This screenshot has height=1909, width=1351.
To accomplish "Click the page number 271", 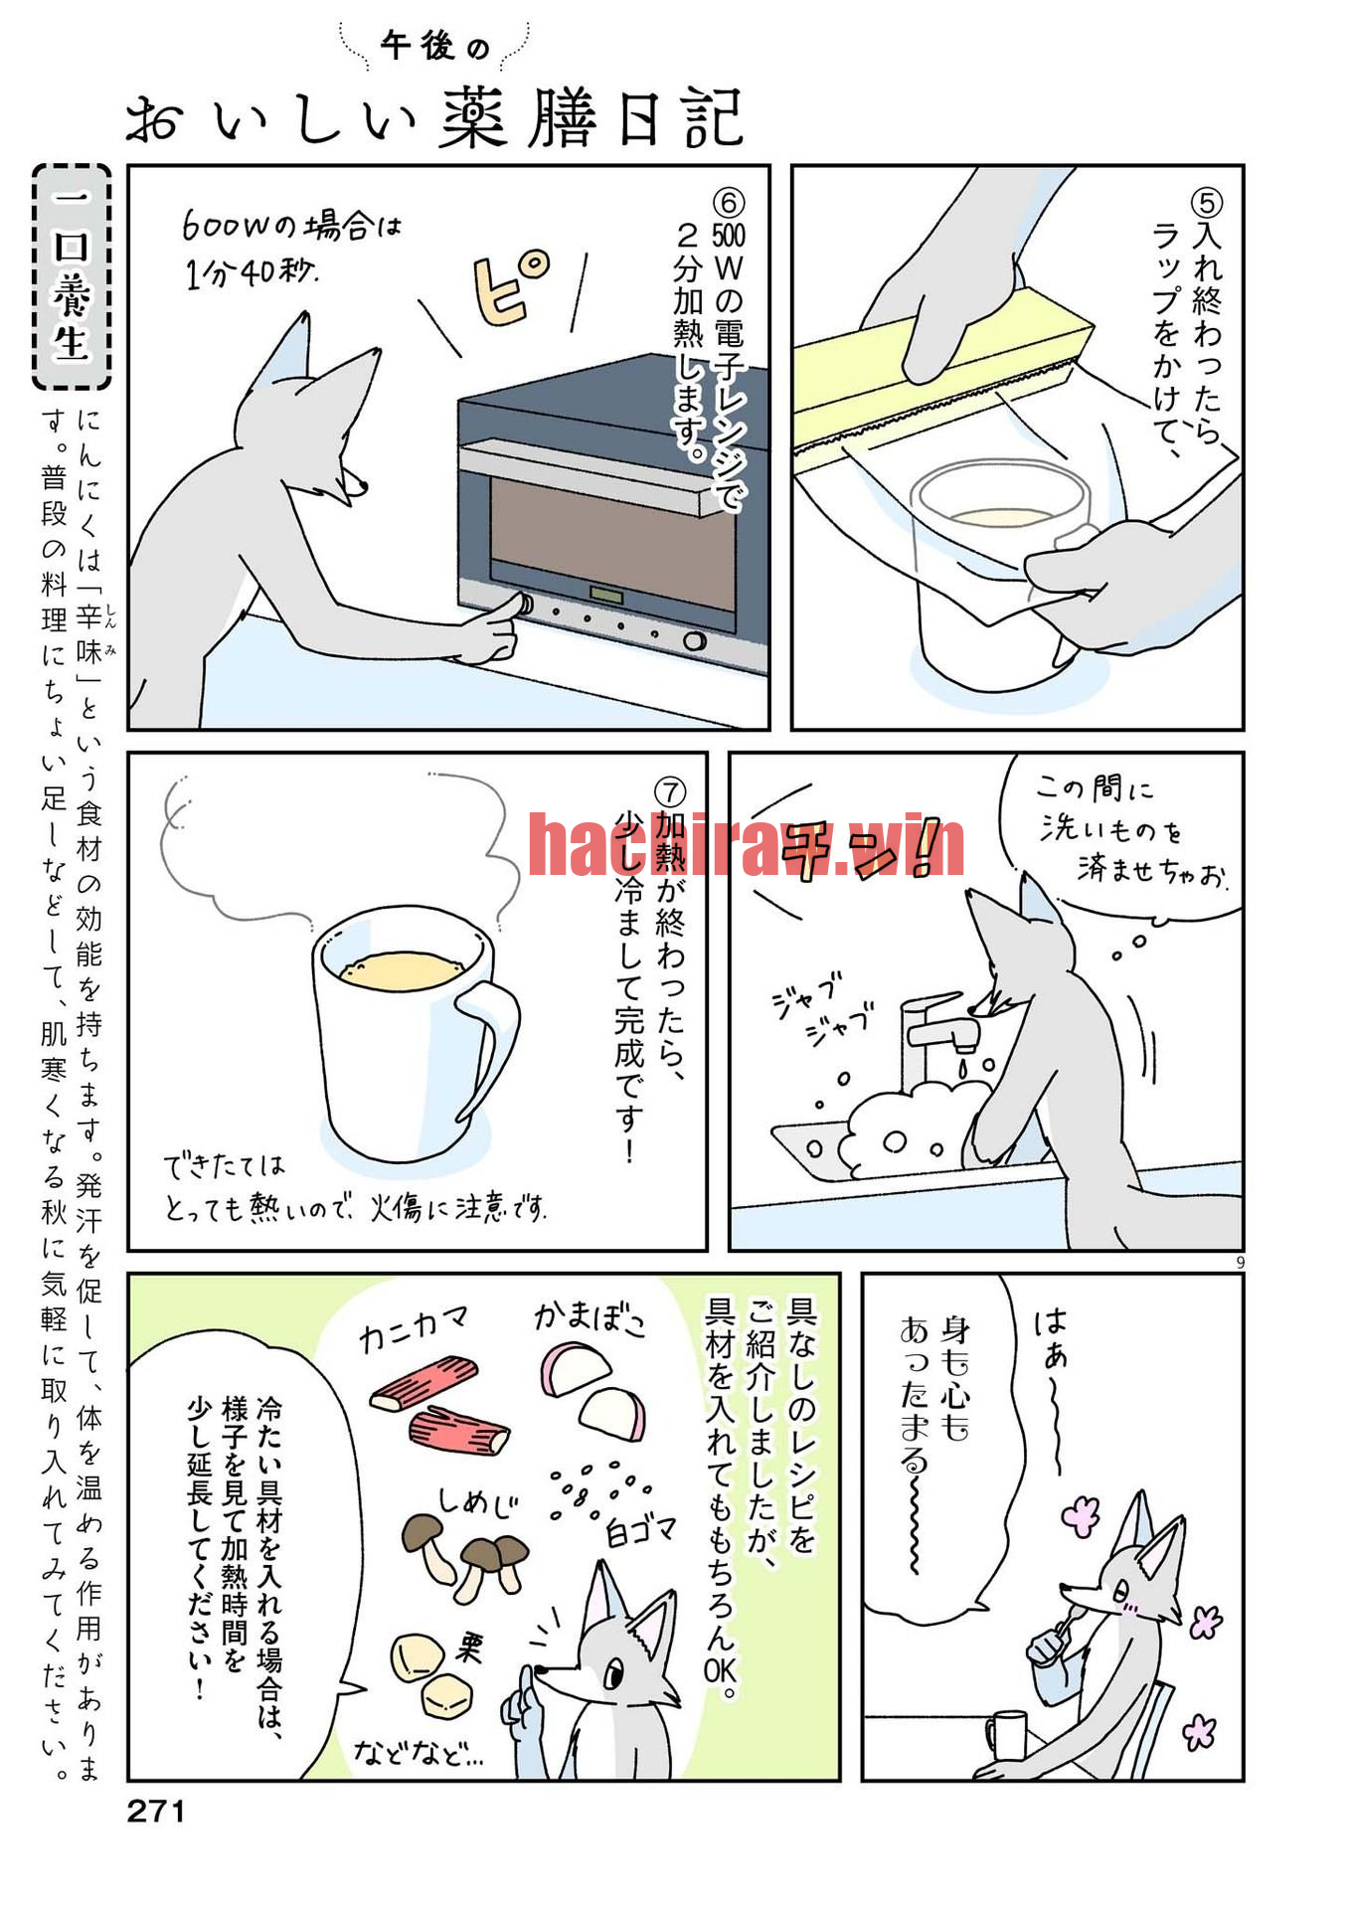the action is [x=156, y=1811].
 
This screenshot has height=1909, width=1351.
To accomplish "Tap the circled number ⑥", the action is [x=728, y=203].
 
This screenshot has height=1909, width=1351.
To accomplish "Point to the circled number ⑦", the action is [x=670, y=792].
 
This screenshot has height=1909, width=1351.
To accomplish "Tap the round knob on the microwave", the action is [x=694, y=640].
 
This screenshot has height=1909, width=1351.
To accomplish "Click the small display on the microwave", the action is [x=605, y=595].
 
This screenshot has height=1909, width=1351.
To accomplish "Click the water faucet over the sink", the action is [x=940, y=1034].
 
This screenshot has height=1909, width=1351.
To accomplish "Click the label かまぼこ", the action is [x=591, y=1318].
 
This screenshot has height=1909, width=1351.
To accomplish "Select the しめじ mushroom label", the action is [x=477, y=1500].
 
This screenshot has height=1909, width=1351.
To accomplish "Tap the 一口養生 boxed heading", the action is [x=72, y=276].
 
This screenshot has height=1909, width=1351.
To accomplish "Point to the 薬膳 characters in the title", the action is [x=519, y=118].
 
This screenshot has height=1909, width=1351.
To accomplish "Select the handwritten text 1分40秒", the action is [x=251, y=271].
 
